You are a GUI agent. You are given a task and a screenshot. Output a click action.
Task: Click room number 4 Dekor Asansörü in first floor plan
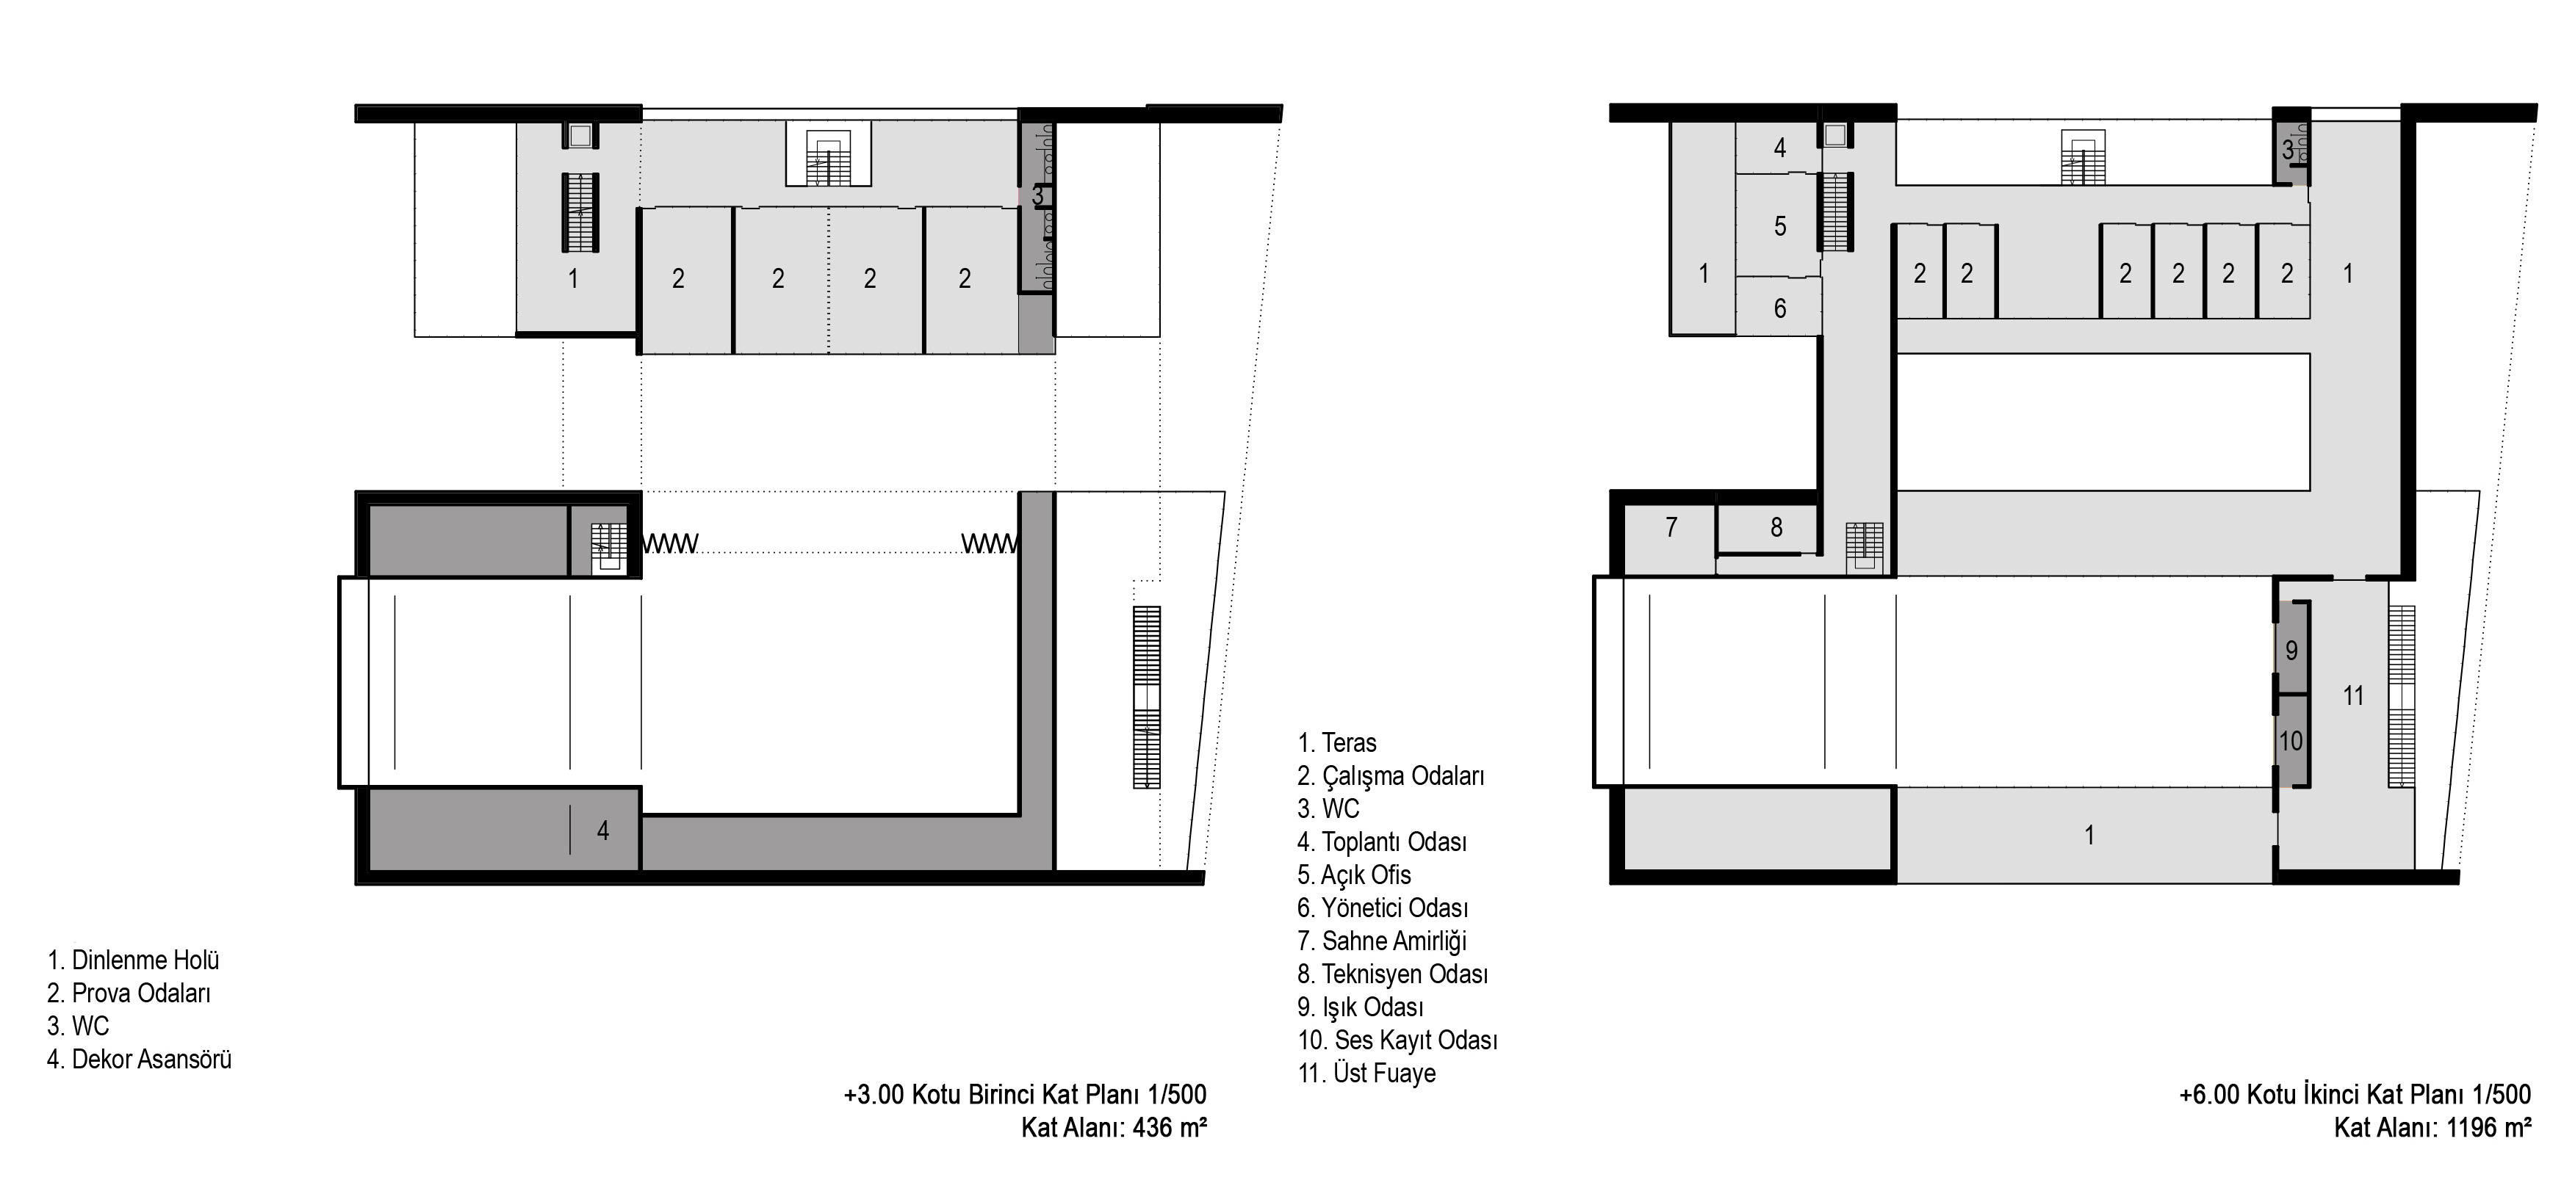[602, 830]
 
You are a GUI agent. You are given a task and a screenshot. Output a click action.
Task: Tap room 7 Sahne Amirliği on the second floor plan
[1671, 526]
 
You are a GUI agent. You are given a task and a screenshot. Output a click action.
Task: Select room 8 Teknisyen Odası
[1776, 526]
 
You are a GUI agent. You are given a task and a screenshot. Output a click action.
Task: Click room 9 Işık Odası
[2291, 651]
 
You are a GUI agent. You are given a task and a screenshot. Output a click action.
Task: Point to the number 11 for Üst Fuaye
[2353, 695]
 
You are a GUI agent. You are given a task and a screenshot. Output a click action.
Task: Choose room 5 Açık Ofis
[1780, 227]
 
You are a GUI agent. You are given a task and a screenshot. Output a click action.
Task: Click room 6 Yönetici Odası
[1780, 308]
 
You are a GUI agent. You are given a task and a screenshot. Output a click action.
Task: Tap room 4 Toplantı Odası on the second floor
[1780, 148]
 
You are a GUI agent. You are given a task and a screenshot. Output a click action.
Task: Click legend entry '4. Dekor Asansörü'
[139, 1059]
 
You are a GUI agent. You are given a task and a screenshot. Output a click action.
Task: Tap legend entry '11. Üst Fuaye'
[1366, 1073]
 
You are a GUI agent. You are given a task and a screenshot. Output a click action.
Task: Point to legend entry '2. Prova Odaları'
[129, 993]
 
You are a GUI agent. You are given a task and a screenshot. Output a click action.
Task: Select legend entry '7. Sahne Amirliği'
[1381, 941]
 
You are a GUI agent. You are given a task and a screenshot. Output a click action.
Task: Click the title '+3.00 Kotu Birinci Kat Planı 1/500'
[1026, 1094]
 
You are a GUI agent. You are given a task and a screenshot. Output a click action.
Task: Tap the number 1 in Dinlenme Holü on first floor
[573, 279]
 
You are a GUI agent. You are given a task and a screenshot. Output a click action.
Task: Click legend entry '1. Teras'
[1336, 742]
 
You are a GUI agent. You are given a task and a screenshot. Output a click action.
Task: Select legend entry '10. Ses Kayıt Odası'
[1397, 1040]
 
